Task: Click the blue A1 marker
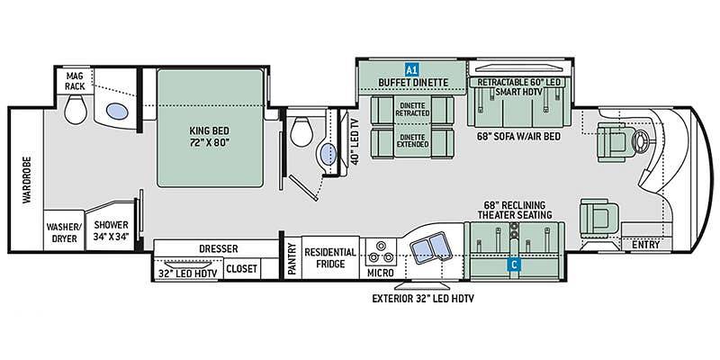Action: click(x=411, y=70)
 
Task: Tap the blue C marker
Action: click(x=514, y=264)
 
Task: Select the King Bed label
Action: click(x=210, y=137)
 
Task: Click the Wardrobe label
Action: click(x=27, y=180)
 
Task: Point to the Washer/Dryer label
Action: click(x=64, y=232)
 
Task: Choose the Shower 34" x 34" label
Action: click(x=111, y=230)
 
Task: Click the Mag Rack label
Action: click(x=75, y=81)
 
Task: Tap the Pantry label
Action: click(x=291, y=258)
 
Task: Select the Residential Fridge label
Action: click(x=330, y=258)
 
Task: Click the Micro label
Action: click(x=381, y=273)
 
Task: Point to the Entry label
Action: click(x=645, y=245)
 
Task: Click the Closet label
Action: click(x=241, y=268)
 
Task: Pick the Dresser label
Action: click(x=219, y=249)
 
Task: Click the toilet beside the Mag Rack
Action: click(x=76, y=110)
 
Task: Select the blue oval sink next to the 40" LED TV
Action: click(x=327, y=154)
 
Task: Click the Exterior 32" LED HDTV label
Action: click(x=423, y=299)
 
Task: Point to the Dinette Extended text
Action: click(x=414, y=140)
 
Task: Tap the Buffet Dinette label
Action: click(x=413, y=83)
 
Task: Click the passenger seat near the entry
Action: click(x=598, y=215)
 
